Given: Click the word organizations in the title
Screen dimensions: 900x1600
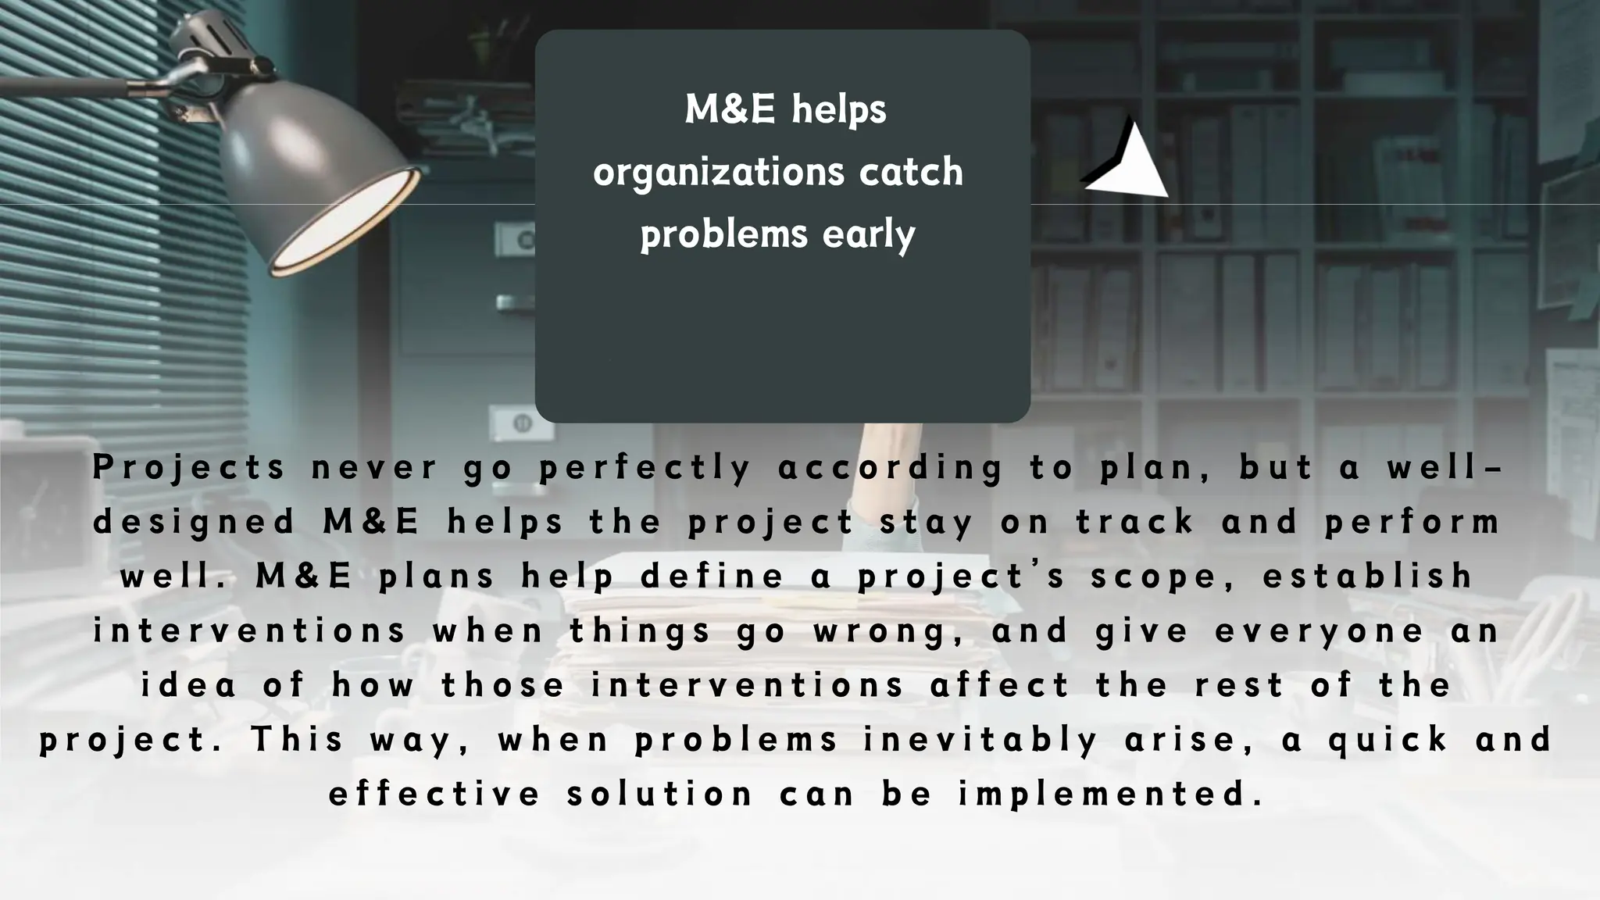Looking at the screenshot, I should [719, 173].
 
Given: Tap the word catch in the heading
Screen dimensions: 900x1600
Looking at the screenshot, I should [911, 171].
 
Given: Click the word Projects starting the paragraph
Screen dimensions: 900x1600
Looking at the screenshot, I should [188, 467].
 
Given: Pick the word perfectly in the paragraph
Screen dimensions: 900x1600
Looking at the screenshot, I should [645, 467].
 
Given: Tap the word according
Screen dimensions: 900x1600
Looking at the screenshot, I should [890, 467].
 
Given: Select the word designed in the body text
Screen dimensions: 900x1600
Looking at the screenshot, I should [194, 522].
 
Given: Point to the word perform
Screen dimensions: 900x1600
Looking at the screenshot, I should [1412, 522].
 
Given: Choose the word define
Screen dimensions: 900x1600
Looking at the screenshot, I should [712, 577].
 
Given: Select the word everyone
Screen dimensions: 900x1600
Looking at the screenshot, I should [1320, 631].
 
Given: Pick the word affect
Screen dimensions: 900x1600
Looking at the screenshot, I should [1000, 686].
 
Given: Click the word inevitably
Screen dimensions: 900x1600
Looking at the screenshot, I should [981, 740].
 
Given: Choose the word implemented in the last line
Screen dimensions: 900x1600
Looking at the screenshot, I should [1110, 795].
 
